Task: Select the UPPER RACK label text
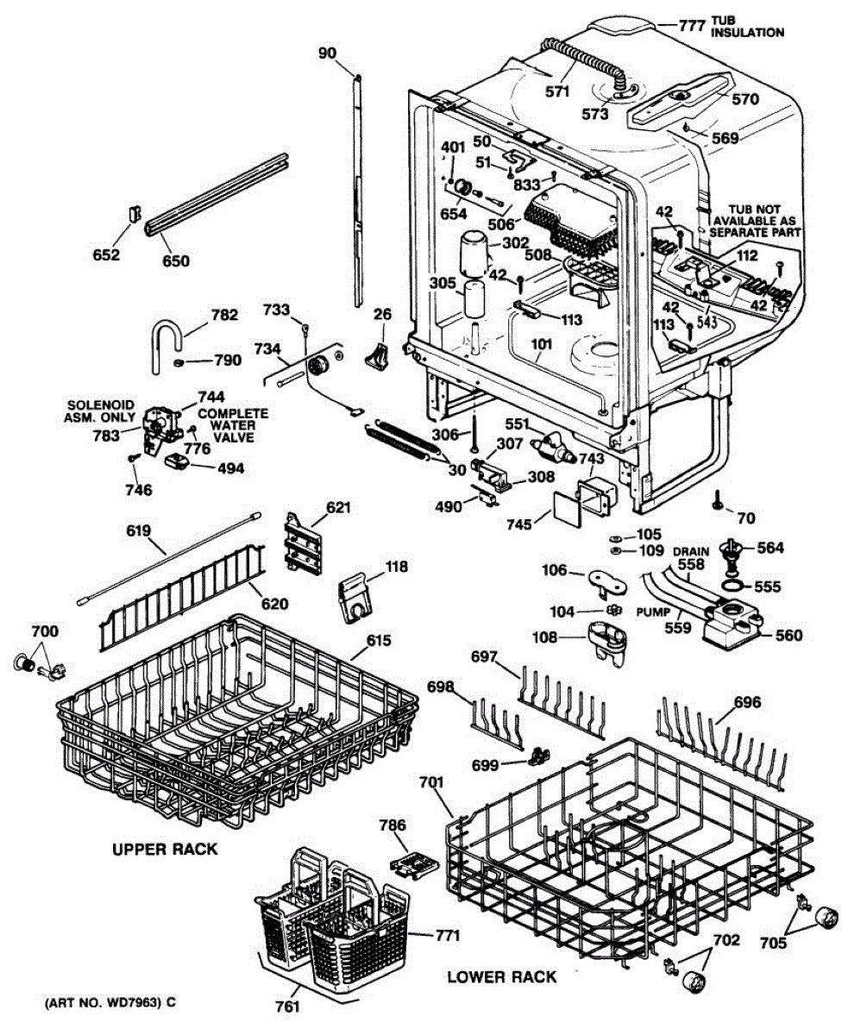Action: pos(165,850)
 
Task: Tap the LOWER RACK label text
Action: pos(501,977)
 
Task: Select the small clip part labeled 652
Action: pos(135,212)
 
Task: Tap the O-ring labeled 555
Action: pos(728,589)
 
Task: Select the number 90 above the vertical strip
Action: pos(327,53)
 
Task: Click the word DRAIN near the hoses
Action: pos(691,550)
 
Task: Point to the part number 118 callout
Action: pos(397,567)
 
